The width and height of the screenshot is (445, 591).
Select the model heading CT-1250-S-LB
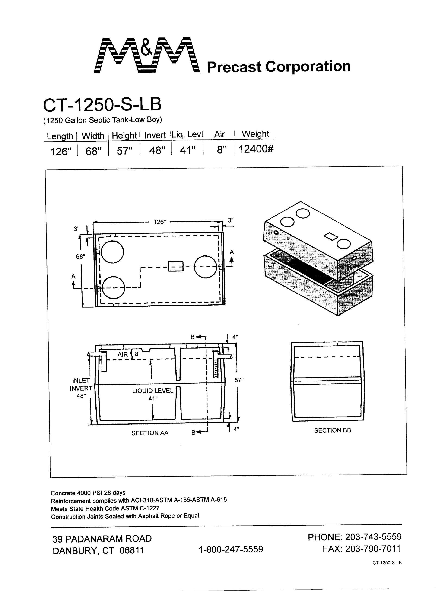[102, 104]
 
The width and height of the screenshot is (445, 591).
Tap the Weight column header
[255, 134]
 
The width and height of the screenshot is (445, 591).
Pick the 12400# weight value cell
[256, 149]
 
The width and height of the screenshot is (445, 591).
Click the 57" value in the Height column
[124, 151]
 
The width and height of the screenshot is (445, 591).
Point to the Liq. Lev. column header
[187, 134]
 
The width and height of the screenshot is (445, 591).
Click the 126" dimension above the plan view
[160, 222]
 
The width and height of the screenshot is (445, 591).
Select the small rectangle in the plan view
[176, 266]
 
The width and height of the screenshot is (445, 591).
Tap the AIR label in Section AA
[123, 355]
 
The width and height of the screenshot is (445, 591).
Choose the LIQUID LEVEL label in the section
[153, 391]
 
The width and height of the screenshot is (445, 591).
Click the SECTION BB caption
[332, 430]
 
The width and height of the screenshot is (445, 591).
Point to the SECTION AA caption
[150, 433]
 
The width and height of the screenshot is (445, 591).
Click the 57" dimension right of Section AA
[239, 380]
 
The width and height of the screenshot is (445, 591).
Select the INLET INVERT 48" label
[81, 388]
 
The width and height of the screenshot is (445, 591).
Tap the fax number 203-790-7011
[373, 549]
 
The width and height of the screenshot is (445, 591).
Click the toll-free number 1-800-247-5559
[231, 549]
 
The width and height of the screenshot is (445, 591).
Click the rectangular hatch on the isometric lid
[331, 236]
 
